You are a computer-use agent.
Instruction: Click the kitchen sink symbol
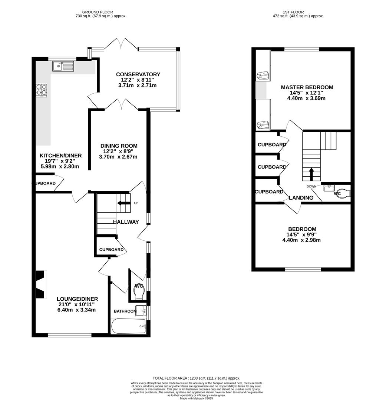click(x=63, y=66)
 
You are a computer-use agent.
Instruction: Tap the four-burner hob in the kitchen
click(x=42, y=90)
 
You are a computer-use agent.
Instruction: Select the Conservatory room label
click(x=138, y=74)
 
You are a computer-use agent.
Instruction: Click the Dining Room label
click(x=119, y=146)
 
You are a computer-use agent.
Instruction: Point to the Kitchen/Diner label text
click(x=60, y=156)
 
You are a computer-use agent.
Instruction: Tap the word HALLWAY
click(x=126, y=222)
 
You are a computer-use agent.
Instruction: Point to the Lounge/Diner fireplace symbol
click(x=40, y=284)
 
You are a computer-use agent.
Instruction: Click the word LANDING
click(x=301, y=198)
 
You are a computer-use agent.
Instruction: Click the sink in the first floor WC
click(x=329, y=188)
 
